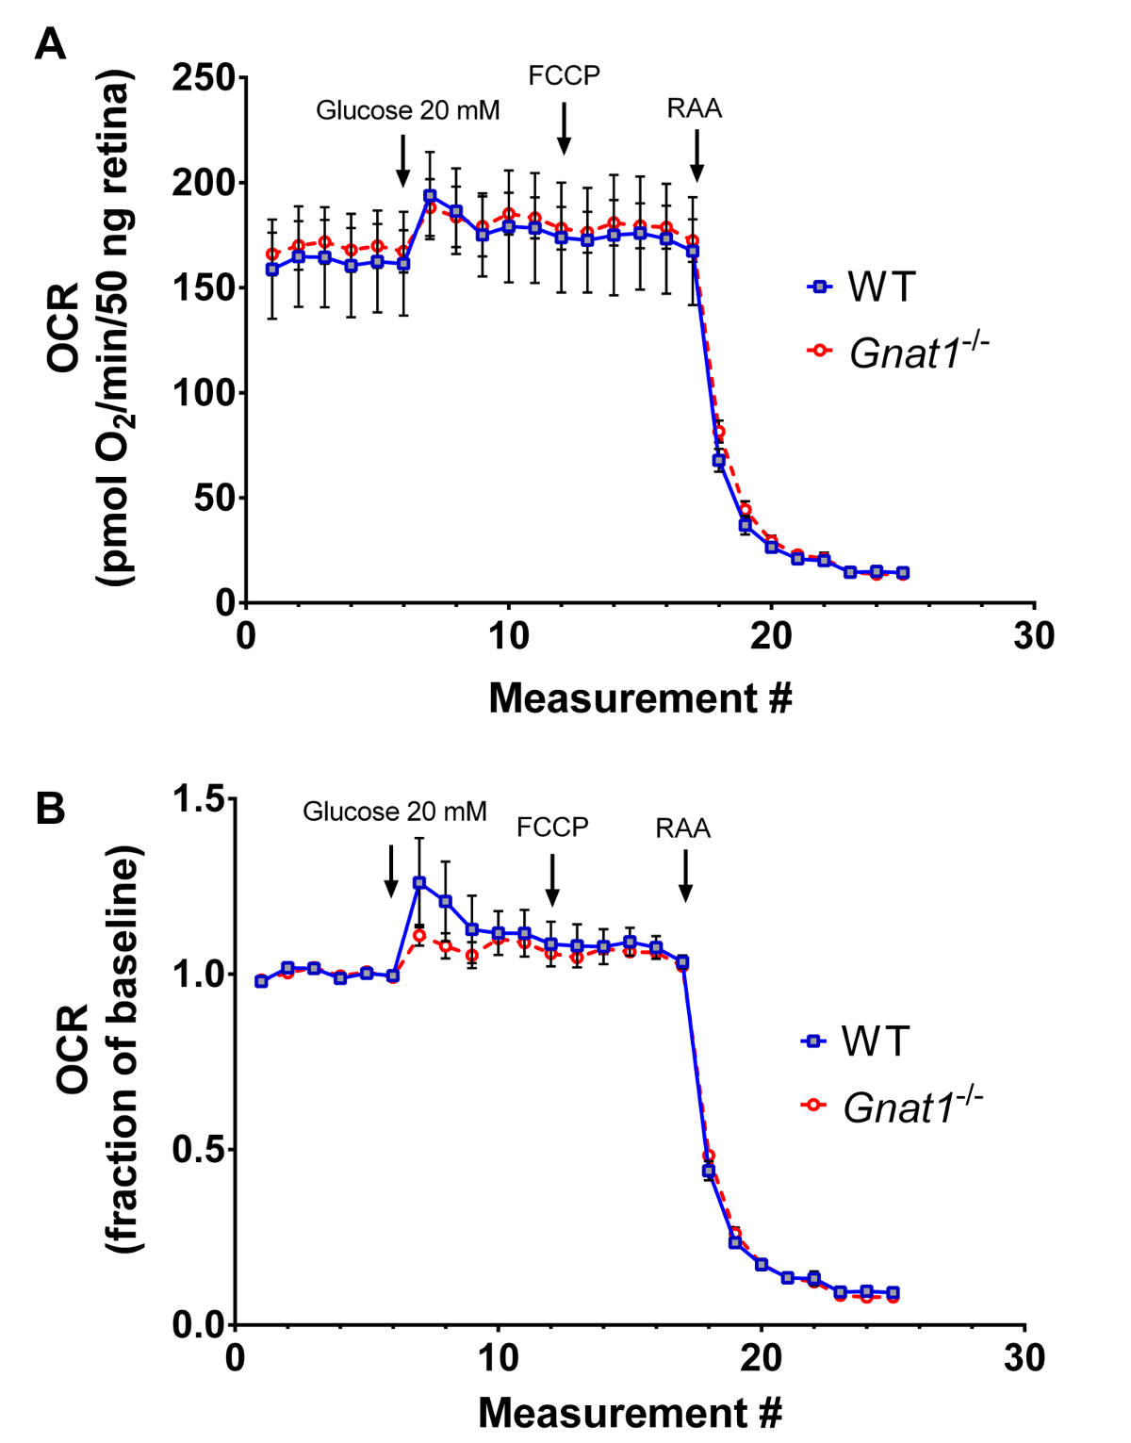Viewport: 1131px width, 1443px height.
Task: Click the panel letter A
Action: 50,43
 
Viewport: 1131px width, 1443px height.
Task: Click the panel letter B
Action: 50,809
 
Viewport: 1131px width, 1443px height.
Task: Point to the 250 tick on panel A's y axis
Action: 204,77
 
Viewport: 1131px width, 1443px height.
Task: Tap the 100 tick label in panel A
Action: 204,393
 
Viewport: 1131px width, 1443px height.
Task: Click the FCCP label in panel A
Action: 564,75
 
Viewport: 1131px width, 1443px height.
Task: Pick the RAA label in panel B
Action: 683,828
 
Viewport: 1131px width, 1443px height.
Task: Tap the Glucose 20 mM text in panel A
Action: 407,110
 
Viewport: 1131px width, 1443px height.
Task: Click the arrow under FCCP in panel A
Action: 564,128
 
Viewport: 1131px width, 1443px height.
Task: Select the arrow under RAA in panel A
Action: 697,156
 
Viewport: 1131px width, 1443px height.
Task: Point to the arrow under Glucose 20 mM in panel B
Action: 391,871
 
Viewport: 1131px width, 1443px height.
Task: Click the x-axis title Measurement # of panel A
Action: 640,698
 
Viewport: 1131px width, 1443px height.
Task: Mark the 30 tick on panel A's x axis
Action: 1034,637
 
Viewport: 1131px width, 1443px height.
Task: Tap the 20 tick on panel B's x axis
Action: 761,1359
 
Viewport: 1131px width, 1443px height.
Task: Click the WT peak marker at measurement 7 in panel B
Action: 419,883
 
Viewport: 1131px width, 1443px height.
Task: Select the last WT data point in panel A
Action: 903,572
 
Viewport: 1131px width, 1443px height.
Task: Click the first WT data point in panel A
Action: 272,270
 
